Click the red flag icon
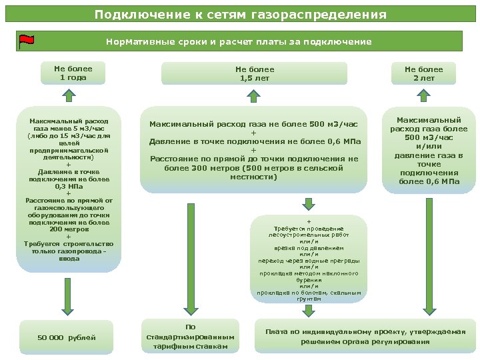pos(27,42)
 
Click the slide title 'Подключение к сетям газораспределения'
pos(240,15)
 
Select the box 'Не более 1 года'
pos(73,73)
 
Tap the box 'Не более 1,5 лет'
pos(254,73)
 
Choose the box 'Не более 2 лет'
pos(423,73)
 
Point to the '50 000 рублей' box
pos(67,337)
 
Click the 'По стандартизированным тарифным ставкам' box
pos(191,337)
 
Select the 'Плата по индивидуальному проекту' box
pos(365,337)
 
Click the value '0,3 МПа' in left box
pos(69,187)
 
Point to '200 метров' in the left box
pos(69,229)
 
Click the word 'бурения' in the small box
pos(309,280)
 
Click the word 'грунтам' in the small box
pos(309,299)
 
